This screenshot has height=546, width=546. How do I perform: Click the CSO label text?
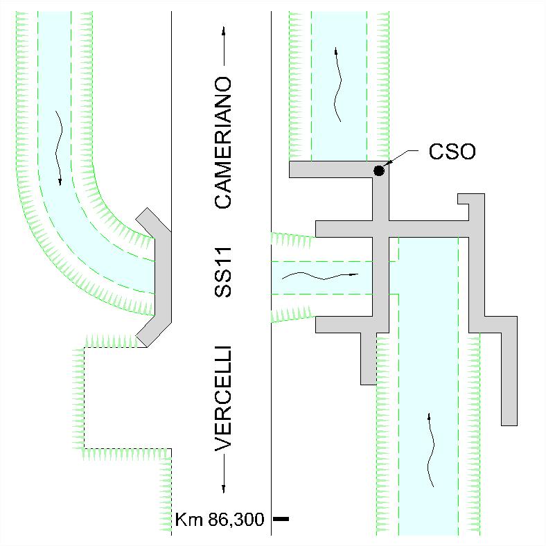452,152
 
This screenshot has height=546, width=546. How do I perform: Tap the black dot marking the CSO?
379,170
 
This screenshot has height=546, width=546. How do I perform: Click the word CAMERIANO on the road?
223,143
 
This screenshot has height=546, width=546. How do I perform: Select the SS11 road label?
223,272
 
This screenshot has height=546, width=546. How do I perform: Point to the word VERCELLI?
223,398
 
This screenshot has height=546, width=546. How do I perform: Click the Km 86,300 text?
220,520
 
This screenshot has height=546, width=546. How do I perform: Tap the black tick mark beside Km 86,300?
281,519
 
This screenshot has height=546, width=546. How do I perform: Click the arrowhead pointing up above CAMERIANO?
224,30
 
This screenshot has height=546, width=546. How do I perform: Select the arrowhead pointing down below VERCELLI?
224,489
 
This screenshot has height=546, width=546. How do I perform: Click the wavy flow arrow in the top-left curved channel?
59,148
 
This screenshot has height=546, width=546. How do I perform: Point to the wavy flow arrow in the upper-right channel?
337,85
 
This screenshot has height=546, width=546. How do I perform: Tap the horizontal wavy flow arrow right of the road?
319,276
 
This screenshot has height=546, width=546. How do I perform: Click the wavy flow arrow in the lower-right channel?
430,450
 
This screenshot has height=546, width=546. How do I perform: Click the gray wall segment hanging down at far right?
509,371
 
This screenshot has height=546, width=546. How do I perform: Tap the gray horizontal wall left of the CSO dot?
331,170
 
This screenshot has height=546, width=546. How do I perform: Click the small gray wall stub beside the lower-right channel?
369,359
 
